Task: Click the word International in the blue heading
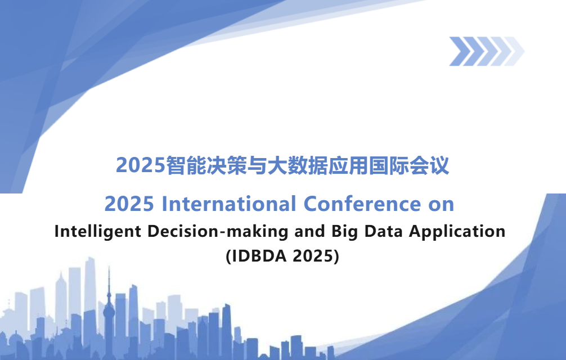click(229, 204)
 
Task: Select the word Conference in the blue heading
click(362, 204)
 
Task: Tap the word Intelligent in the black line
click(97, 232)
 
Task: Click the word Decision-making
click(218, 232)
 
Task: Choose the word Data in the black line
click(383, 231)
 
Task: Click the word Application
click(457, 232)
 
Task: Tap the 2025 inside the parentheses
click(314, 256)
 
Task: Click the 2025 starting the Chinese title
click(141, 165)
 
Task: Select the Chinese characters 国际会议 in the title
click(409, 165)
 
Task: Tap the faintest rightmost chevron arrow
click(514, 51)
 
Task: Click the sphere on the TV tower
click(109, 311)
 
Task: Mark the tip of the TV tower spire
click(109, 266)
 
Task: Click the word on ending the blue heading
click(441, 205)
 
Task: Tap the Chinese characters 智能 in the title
click(186, 165)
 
